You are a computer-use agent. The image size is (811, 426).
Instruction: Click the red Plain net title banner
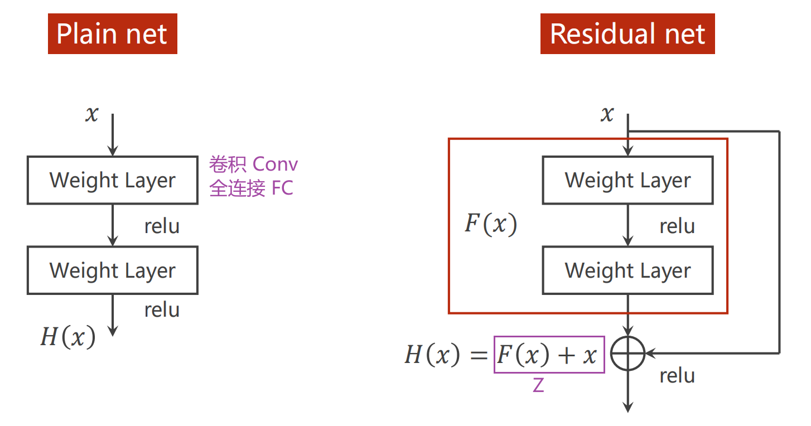[112, 34]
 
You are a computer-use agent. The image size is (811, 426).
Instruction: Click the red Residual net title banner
[627, 34]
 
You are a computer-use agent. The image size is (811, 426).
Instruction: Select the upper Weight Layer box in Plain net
[112, 180]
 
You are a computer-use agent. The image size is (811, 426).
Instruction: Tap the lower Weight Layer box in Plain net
[112, 270]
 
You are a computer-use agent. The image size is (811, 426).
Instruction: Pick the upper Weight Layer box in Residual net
[627, 180]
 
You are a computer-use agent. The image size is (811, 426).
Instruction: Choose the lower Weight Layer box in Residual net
[627, 270]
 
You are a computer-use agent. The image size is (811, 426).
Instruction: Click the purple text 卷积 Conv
[254, 164]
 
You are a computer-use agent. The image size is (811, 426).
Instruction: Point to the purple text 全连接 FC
[251, 188]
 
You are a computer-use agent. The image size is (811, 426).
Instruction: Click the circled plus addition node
[627, 353]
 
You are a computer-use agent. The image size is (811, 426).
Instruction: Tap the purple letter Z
[538, 385]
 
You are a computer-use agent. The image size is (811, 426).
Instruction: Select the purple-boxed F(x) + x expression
[549, 355]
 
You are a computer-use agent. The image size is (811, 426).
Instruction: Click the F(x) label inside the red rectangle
[491, 225]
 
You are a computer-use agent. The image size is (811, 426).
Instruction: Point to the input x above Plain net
[91, 114]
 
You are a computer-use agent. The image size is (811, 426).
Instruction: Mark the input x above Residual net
[607, 114]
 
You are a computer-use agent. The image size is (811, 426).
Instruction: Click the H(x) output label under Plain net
[67, 337]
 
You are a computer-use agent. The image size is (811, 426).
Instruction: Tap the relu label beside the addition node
[677, 375]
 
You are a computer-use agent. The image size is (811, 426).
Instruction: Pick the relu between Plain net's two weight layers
[162, 226]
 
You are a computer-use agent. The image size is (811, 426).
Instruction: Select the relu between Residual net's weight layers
[677, 226]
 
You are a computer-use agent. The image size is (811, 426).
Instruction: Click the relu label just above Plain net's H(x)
[162, 310]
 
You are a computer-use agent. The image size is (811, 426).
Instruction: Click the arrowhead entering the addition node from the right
[650, 353]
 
